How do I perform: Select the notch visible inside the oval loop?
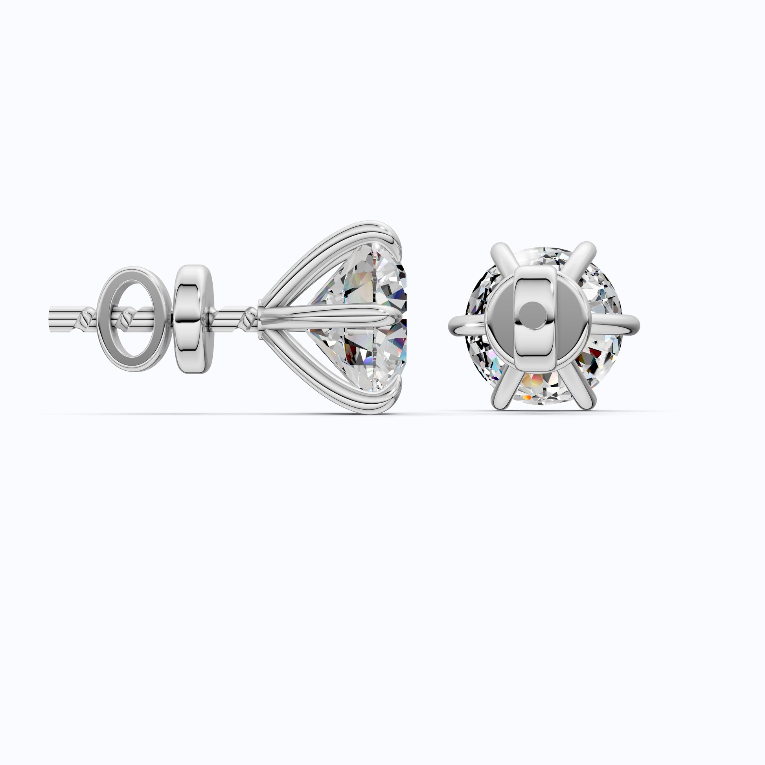127,317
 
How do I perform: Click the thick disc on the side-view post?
193,319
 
